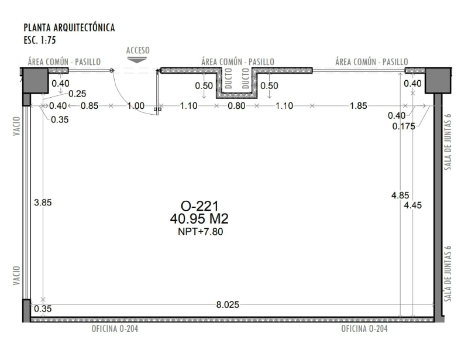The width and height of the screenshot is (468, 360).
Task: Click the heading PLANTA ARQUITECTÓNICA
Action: coord(69,28)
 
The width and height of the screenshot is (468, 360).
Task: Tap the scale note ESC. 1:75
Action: coord(40,40)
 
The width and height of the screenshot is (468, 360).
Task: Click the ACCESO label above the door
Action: coord(137,50)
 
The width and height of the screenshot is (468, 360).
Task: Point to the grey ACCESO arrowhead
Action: coord(137,60)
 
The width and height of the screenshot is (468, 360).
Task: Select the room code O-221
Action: coord(199,206)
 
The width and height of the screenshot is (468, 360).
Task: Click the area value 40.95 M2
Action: coord(199,219)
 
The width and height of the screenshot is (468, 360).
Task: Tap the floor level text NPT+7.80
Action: coord(200,232)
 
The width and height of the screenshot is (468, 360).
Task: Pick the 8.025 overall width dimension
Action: coord(228,304)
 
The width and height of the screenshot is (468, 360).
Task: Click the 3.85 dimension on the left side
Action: coord(43,203)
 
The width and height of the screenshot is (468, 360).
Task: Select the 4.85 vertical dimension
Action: coord(400,196)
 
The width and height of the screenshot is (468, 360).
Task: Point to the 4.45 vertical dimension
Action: coord(413,205)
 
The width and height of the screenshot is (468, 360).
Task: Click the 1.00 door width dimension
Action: coord(136,106)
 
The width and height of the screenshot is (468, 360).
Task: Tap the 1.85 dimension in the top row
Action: coord(358,106)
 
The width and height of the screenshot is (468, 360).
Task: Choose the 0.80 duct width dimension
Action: coord(236,106)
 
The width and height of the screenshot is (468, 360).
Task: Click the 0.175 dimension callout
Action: coord(404,126)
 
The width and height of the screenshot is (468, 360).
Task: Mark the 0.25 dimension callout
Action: coord(77,94)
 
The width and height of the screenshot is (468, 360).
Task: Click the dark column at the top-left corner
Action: coord(36,80)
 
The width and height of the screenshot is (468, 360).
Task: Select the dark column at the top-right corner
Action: coord(438,80)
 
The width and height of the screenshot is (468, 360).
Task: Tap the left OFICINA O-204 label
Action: coord(115,329)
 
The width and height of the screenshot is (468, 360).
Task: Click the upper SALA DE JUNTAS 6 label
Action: coord(448,142)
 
